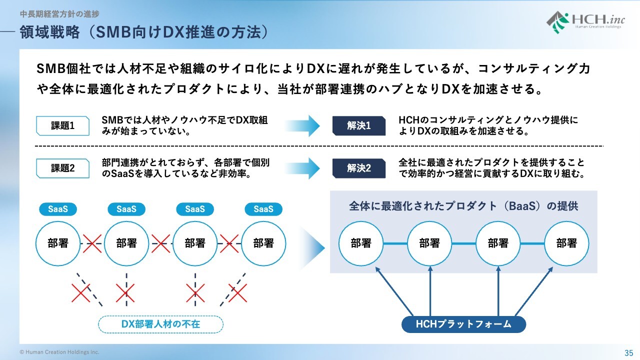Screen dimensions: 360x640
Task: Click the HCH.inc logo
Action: (583, 22)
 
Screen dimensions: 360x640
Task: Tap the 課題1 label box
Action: (63, 126)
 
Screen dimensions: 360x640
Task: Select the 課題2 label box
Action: (63, 168)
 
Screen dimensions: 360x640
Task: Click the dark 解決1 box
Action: (359, 126)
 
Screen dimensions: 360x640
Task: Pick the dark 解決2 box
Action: (359, 168)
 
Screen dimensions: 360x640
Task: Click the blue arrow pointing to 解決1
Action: (304, 126)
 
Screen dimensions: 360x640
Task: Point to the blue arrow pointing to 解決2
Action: (304, 168)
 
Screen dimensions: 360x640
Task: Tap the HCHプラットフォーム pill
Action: (463, 324)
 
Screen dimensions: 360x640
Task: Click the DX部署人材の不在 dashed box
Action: (160, 324)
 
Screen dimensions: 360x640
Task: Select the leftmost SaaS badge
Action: (58, 209)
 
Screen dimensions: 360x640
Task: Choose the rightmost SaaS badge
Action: (263, 209)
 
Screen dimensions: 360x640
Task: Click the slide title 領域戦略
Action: (145, 33)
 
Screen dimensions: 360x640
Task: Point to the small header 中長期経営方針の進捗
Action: (59, 14)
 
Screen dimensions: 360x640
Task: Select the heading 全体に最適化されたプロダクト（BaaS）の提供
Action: (463, 206)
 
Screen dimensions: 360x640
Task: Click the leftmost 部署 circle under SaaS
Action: (58, 243)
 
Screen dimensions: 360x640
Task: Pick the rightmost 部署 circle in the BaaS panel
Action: (566, 243)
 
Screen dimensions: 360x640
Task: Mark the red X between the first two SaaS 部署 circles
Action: (92, 243)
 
